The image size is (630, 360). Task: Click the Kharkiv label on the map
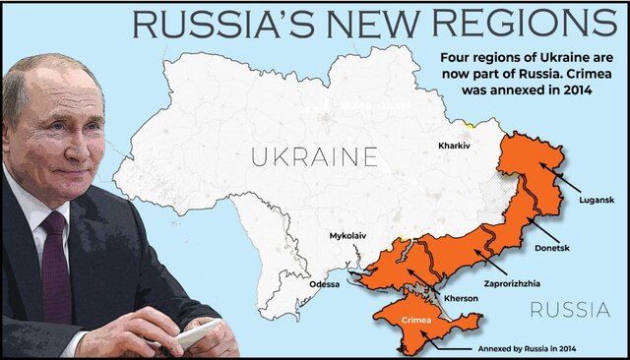click(454, 146)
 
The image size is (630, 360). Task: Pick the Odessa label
click(323, 284)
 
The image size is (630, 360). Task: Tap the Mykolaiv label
click(349, 236)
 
